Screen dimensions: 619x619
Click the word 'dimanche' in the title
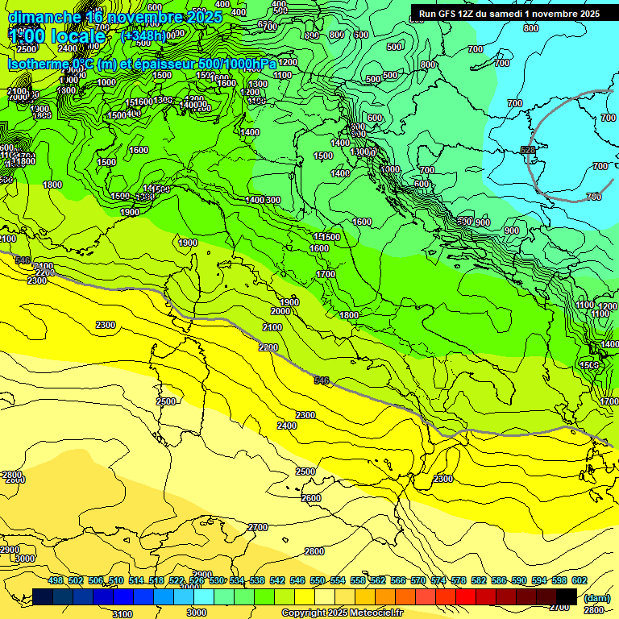tap(44, 17)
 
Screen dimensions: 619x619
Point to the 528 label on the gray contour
tap(528, 150)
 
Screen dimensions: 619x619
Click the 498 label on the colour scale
tap(56, 580)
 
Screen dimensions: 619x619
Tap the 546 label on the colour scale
tap(294, 580)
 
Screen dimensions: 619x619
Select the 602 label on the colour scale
tap(579, 580)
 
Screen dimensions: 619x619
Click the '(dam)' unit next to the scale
tap(596, 598)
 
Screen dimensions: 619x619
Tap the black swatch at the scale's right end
tap(566, 596)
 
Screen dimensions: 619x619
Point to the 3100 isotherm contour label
tap(122, 614)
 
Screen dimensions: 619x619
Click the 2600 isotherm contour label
tap(311, 498)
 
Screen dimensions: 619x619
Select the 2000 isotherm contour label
tap(280, 311)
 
